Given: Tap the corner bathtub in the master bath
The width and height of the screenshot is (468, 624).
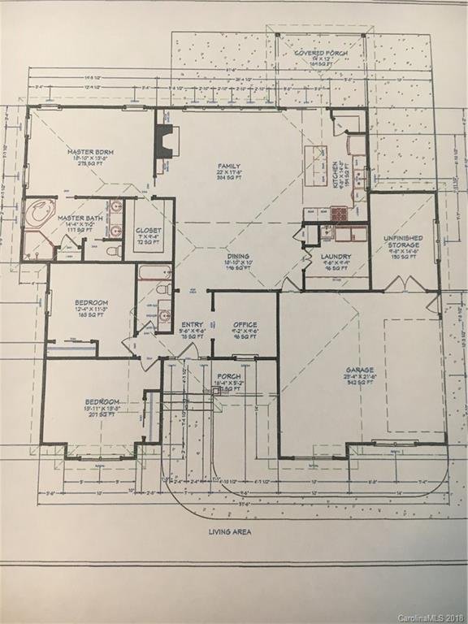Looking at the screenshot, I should pyautogui.click(x=37, y=214).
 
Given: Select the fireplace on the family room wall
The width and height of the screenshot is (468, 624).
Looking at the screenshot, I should pyautogui.click(x=167, y=142).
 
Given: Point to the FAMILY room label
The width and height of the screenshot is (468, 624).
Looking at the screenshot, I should pyautogui.click(x=228, y=167).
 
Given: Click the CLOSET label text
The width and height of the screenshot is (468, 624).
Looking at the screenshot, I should pyautogui.click(x=149, y=230).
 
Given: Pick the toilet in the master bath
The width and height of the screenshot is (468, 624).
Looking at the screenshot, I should pyautogui.click(x=115, y=251).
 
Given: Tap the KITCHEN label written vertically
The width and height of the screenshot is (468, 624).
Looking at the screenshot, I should pyautogui.click(x=336, y=172).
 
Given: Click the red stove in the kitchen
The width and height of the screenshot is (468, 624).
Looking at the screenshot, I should pyautogui.click(x=338, y=214).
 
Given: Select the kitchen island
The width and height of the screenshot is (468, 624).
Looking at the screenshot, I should pyautogui.click(x=315, y=166).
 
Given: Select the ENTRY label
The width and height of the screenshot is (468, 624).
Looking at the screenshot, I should pyautogui.click(x=192, y=323).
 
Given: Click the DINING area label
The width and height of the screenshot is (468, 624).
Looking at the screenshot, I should pyautogui.click(x=238, y=256).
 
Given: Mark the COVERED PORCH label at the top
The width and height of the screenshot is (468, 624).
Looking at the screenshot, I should pyautogui.click(x=309, y=54).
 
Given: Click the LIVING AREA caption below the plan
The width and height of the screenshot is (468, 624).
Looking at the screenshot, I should pyautogui.click(x=229, y=531).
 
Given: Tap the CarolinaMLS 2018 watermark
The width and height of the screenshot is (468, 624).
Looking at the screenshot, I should pyautogui.click(x=431, y=617).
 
